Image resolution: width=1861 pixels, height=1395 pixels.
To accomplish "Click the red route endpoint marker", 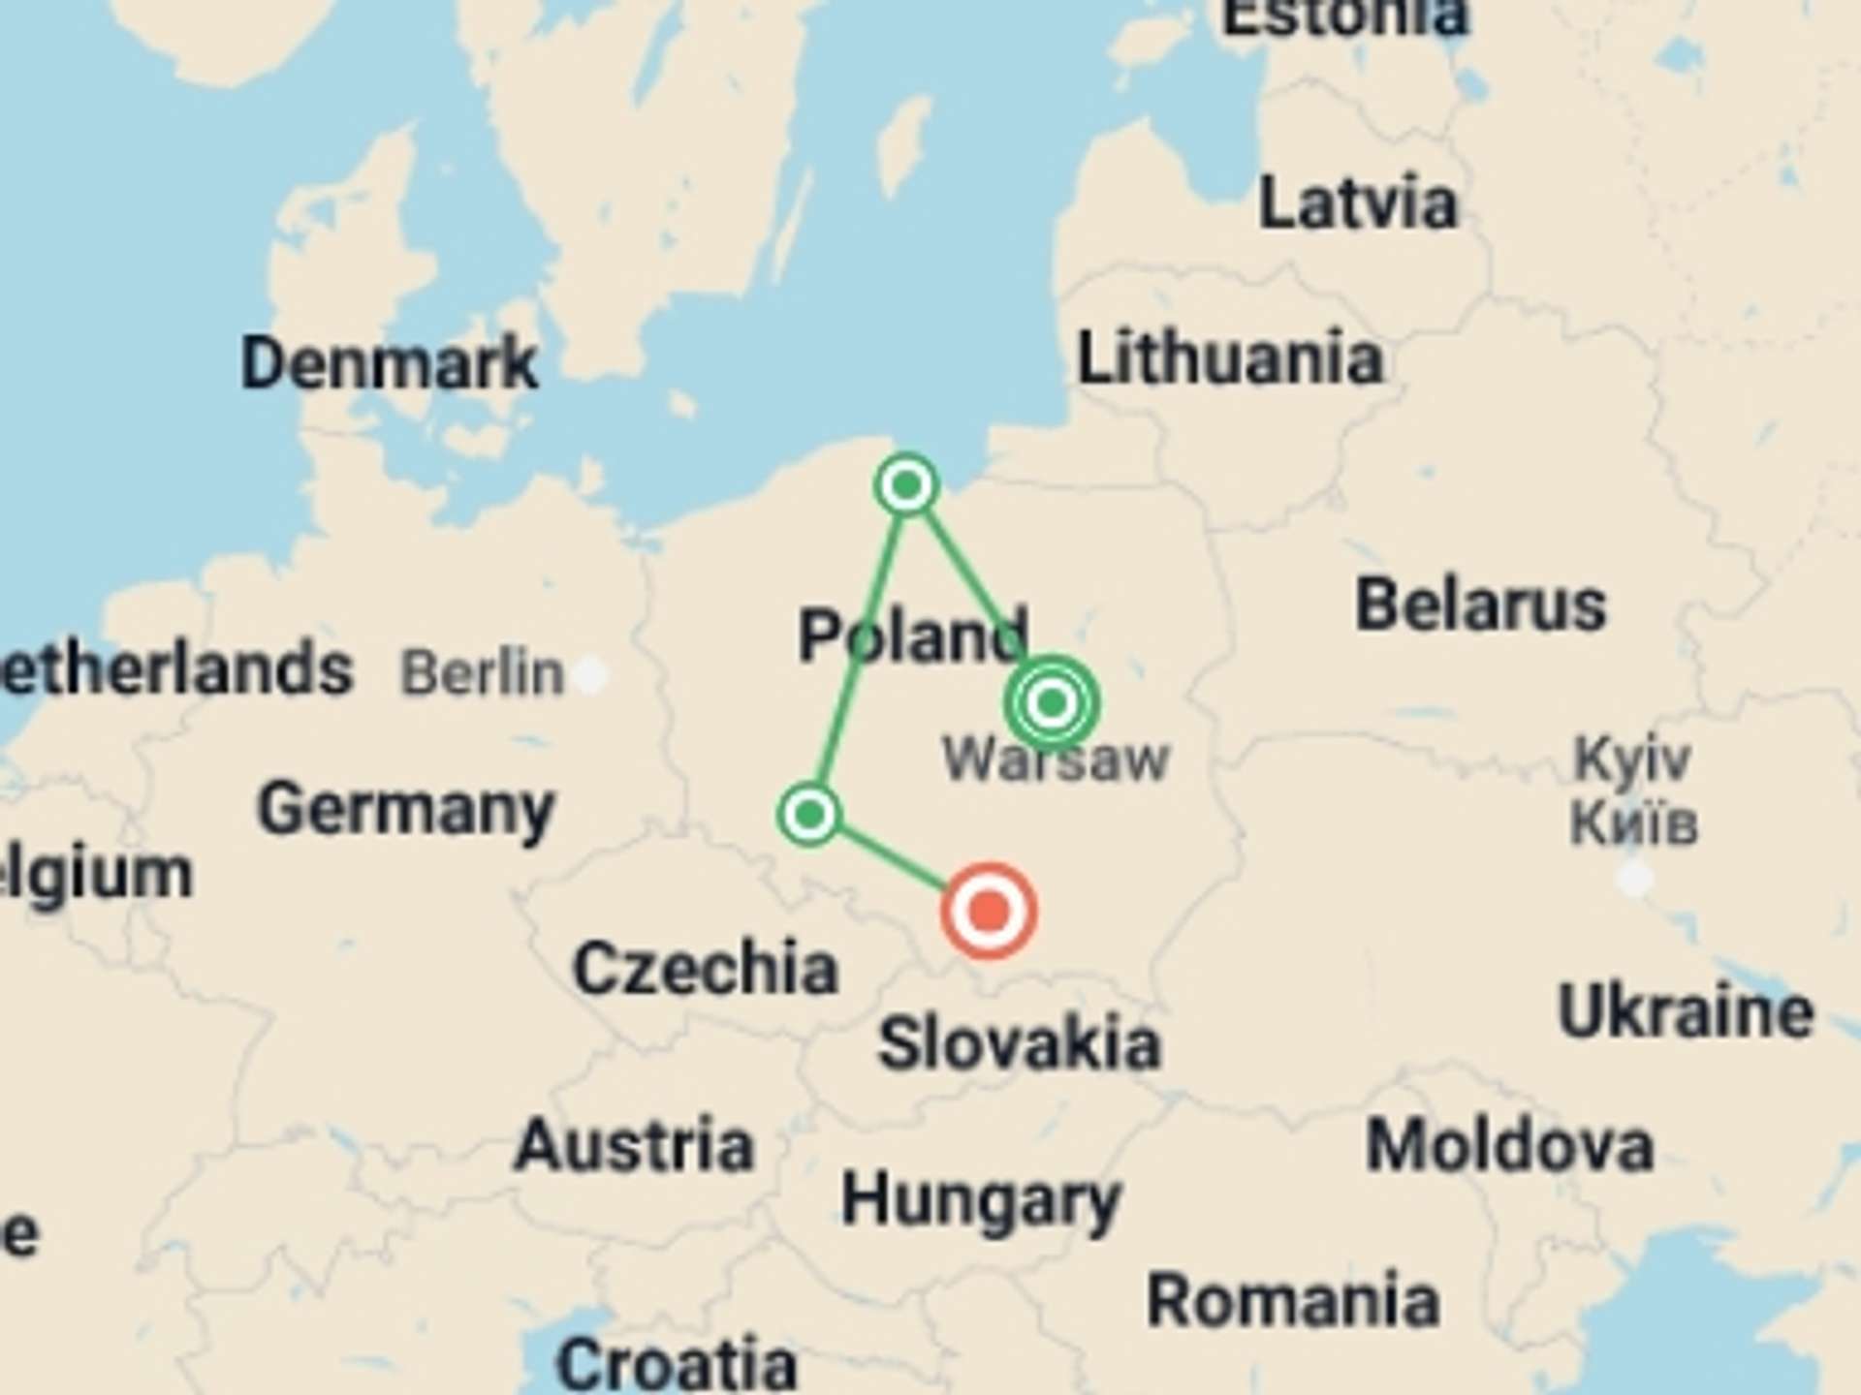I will click(989, 912).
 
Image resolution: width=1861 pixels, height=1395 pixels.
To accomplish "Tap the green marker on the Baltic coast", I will click(906, 484).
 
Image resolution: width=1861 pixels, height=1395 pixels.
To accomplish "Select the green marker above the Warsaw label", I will click(1052, 702).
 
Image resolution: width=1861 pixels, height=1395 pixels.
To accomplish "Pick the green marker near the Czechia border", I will click(809, 814).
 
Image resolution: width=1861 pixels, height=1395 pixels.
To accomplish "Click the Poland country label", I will click(912, 635).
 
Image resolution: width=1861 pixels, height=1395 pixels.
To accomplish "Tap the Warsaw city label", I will click(1056, 759).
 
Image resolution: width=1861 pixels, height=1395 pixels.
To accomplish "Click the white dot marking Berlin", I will click(590, 674).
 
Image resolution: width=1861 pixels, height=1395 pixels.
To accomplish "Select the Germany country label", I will click(405, 810).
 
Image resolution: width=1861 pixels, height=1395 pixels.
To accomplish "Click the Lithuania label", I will click(1229, 357).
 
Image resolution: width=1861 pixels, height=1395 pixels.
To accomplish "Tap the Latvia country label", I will click(1357, 203).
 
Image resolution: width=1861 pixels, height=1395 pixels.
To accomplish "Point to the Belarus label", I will click(1480, 605).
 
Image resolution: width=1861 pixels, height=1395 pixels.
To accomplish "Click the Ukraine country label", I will click(1686, 1012).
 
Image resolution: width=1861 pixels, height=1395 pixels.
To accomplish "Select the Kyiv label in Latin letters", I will click(1632, 758).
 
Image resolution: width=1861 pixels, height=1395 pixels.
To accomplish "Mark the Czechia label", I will click(705, 968).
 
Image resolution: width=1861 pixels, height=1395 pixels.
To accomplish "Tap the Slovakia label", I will click(1018, 1043).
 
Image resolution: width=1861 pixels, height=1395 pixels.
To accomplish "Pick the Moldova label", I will click(1509, 1146).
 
